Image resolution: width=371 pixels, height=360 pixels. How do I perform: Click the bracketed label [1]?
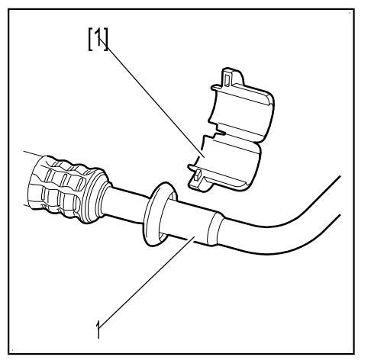click(98, 39)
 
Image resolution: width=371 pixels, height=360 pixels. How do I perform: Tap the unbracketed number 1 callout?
click(98, 329)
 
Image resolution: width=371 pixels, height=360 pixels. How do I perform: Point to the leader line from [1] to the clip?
click(151, 97)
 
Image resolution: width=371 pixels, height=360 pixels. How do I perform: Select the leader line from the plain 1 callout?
click(147, 281)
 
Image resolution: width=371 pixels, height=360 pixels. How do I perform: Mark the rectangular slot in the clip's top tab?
click(227, 79)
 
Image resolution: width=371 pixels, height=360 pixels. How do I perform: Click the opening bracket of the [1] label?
click(91, 39)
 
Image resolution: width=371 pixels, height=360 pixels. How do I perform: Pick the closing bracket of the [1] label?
click(106, 39)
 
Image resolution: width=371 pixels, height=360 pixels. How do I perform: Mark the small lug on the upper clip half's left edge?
click(216, 88)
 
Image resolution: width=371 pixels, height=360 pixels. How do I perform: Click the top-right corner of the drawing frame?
click(354, 9)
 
